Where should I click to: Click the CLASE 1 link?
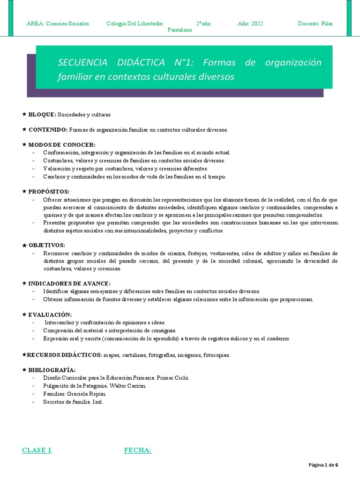37,450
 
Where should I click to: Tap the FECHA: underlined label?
137,450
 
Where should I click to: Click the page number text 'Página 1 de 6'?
323,465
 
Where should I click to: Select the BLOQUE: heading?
42,114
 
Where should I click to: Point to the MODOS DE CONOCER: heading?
61,145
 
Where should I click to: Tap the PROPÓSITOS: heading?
49,192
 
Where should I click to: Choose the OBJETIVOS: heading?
47,245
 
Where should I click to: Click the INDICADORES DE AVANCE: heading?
69,284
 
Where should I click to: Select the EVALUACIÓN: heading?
50,315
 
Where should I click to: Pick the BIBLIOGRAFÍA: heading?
52,370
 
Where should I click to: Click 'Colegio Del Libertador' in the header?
135,23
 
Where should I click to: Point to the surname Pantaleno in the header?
180,30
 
